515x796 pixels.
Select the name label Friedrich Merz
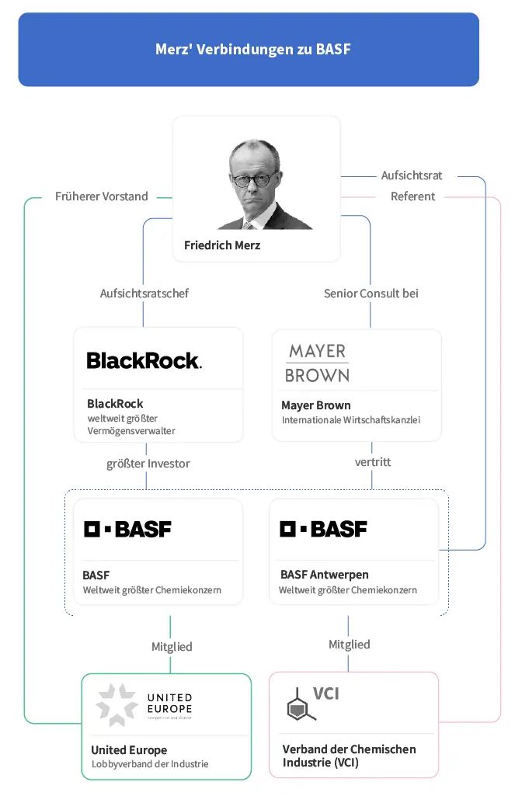222,245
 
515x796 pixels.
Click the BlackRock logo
144,360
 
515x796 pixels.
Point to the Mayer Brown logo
317,363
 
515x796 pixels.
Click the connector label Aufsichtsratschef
144,294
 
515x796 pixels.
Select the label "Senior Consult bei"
371,294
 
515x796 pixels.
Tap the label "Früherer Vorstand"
102,196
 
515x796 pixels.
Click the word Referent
413,196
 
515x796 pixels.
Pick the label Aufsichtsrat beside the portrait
412,176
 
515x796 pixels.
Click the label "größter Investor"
148,464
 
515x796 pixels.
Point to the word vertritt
373,462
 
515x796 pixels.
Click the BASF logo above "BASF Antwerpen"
324,530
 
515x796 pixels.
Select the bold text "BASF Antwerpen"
325,575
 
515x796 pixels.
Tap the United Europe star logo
117,704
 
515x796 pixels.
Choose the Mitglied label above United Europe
172,646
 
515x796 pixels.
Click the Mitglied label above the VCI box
350,645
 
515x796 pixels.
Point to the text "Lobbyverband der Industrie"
150,764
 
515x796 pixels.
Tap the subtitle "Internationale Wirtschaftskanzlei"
351,420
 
